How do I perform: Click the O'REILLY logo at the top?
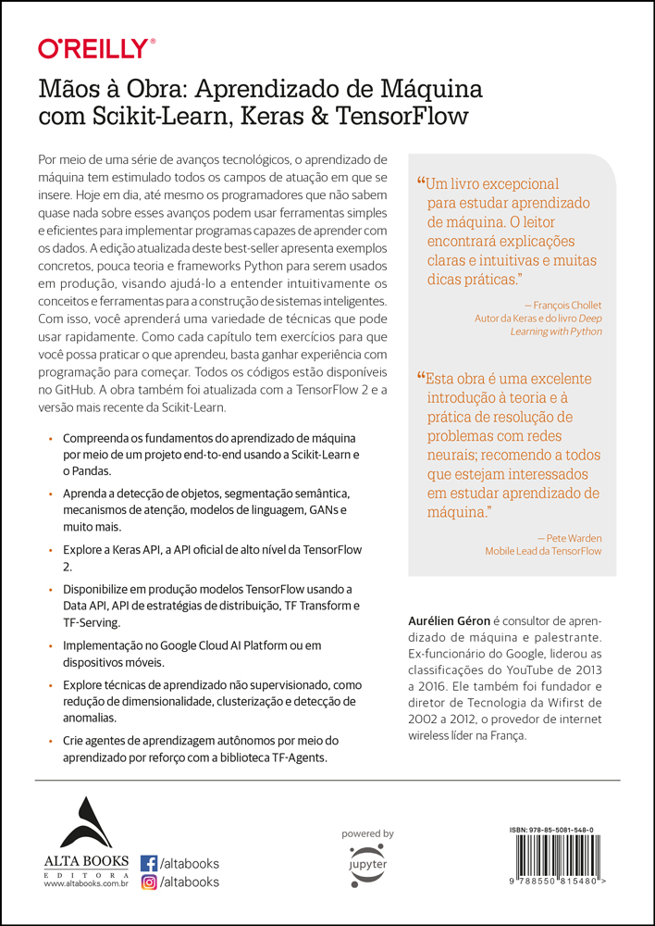coord(96,48)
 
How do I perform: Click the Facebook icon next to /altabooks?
coord(148,862)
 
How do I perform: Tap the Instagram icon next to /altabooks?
coord(148,882)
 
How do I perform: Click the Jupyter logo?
coord(367,862)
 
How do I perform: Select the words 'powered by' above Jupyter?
coord(367,833)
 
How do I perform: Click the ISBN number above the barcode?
coord(551,830)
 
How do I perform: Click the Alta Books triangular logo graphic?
coord(84,821)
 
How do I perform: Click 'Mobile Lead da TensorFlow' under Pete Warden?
coord(543,551)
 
